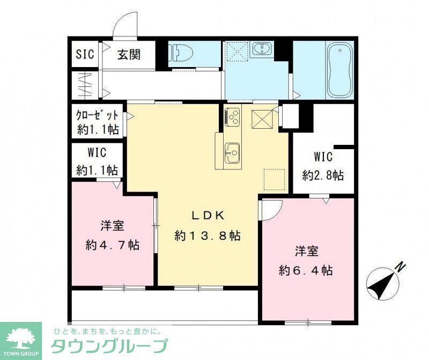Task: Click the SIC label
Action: pos(84,54)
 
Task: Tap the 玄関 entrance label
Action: pos(129,54)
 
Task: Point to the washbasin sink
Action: pos(262,50)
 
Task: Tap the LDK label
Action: pos(206,215)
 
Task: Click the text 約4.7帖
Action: pos(113,245)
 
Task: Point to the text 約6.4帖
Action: pos(306,270)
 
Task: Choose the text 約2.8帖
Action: pos(323,175)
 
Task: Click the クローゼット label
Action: pos(98,116)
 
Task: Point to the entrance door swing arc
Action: pos(125,25)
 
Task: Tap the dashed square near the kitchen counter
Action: pos(274,178)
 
